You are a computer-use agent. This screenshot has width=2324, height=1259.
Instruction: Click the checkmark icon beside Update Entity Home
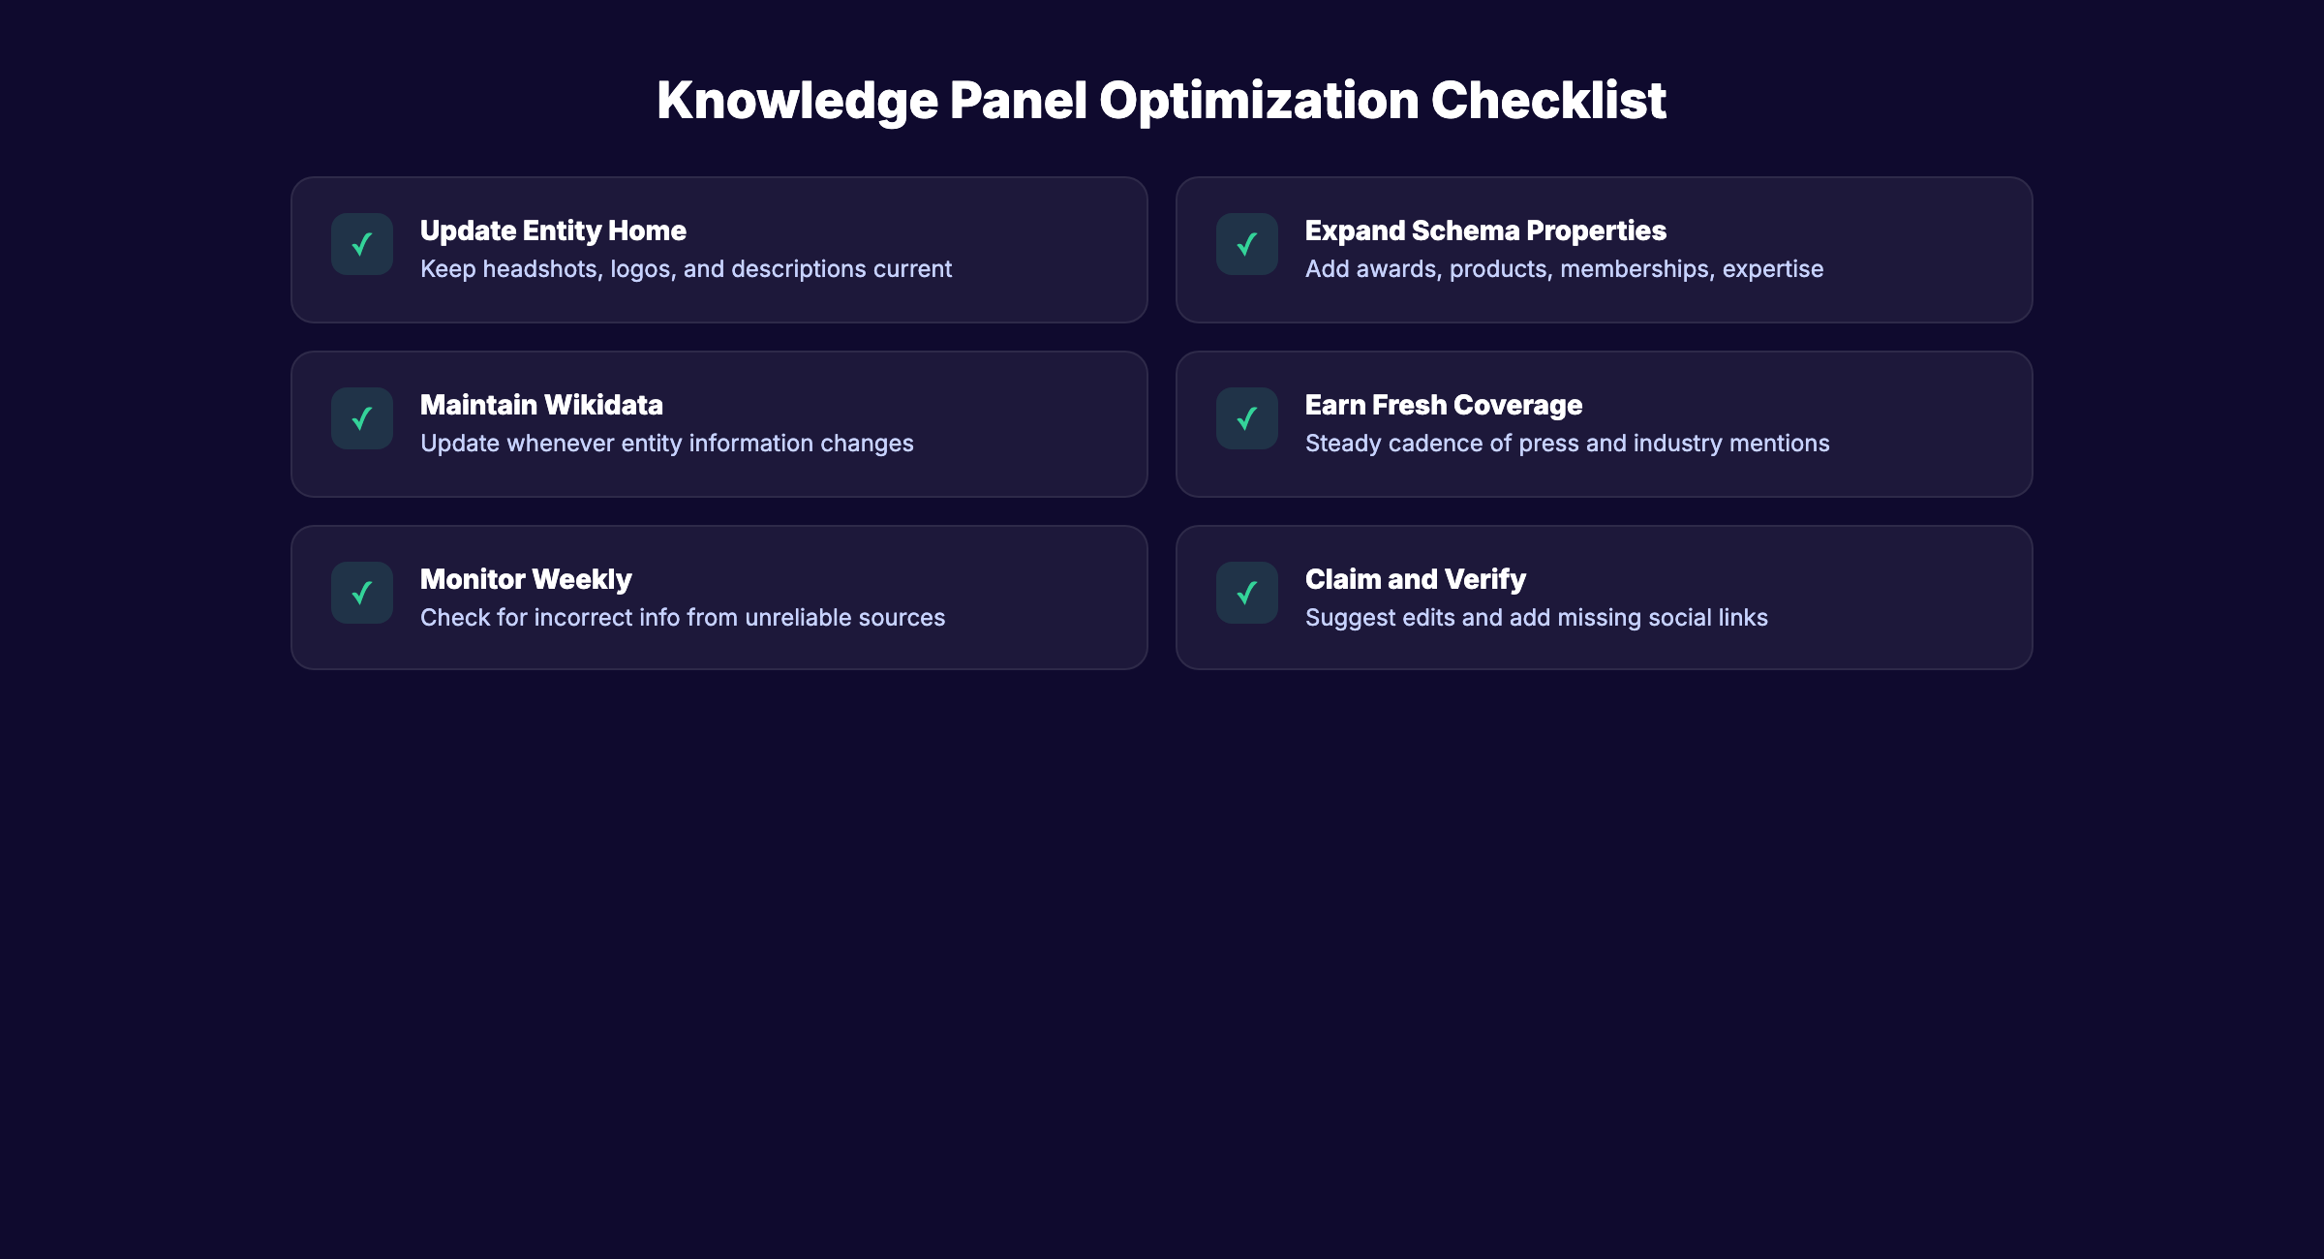coord(362,244)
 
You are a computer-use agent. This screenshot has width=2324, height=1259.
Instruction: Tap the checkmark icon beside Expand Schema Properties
coord(1247,244)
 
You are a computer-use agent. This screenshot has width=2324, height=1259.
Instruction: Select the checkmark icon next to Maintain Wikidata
coord(362,418)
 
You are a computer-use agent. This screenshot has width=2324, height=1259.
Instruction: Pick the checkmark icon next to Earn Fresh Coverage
coord(1247,418)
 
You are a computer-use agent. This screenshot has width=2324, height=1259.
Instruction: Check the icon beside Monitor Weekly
coord(362,593)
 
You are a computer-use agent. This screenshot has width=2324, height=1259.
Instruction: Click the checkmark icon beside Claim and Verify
coord(1247,593)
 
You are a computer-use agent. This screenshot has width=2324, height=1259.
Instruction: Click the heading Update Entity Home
coord(553,230)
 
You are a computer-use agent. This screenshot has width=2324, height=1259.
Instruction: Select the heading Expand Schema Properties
coord(1485,230)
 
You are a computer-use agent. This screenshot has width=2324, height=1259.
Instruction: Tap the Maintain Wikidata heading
coord(541,405)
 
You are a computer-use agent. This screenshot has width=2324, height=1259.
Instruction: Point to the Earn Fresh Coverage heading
coord(1443,405)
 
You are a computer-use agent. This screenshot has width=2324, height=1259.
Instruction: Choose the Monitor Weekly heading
coord(526,579)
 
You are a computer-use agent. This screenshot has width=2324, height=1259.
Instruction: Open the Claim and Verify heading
coord(1415,579)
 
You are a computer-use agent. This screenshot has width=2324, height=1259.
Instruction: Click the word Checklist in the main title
coord(1548,100)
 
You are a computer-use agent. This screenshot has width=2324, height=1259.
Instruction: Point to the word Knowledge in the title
coord(798,100)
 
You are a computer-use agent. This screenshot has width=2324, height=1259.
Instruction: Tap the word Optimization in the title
coord(1259,100)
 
